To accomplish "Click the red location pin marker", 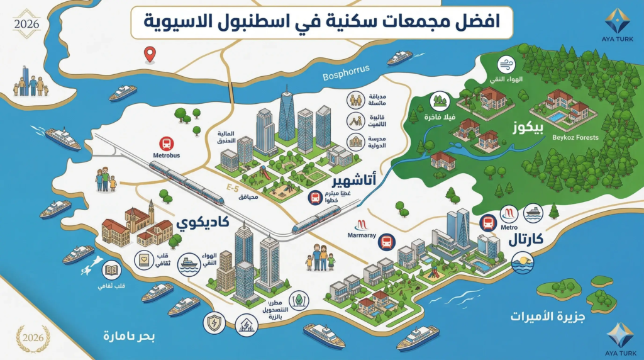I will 149,55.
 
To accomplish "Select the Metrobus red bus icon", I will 167,143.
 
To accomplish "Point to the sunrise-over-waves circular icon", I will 523,262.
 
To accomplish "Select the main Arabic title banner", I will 322,22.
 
